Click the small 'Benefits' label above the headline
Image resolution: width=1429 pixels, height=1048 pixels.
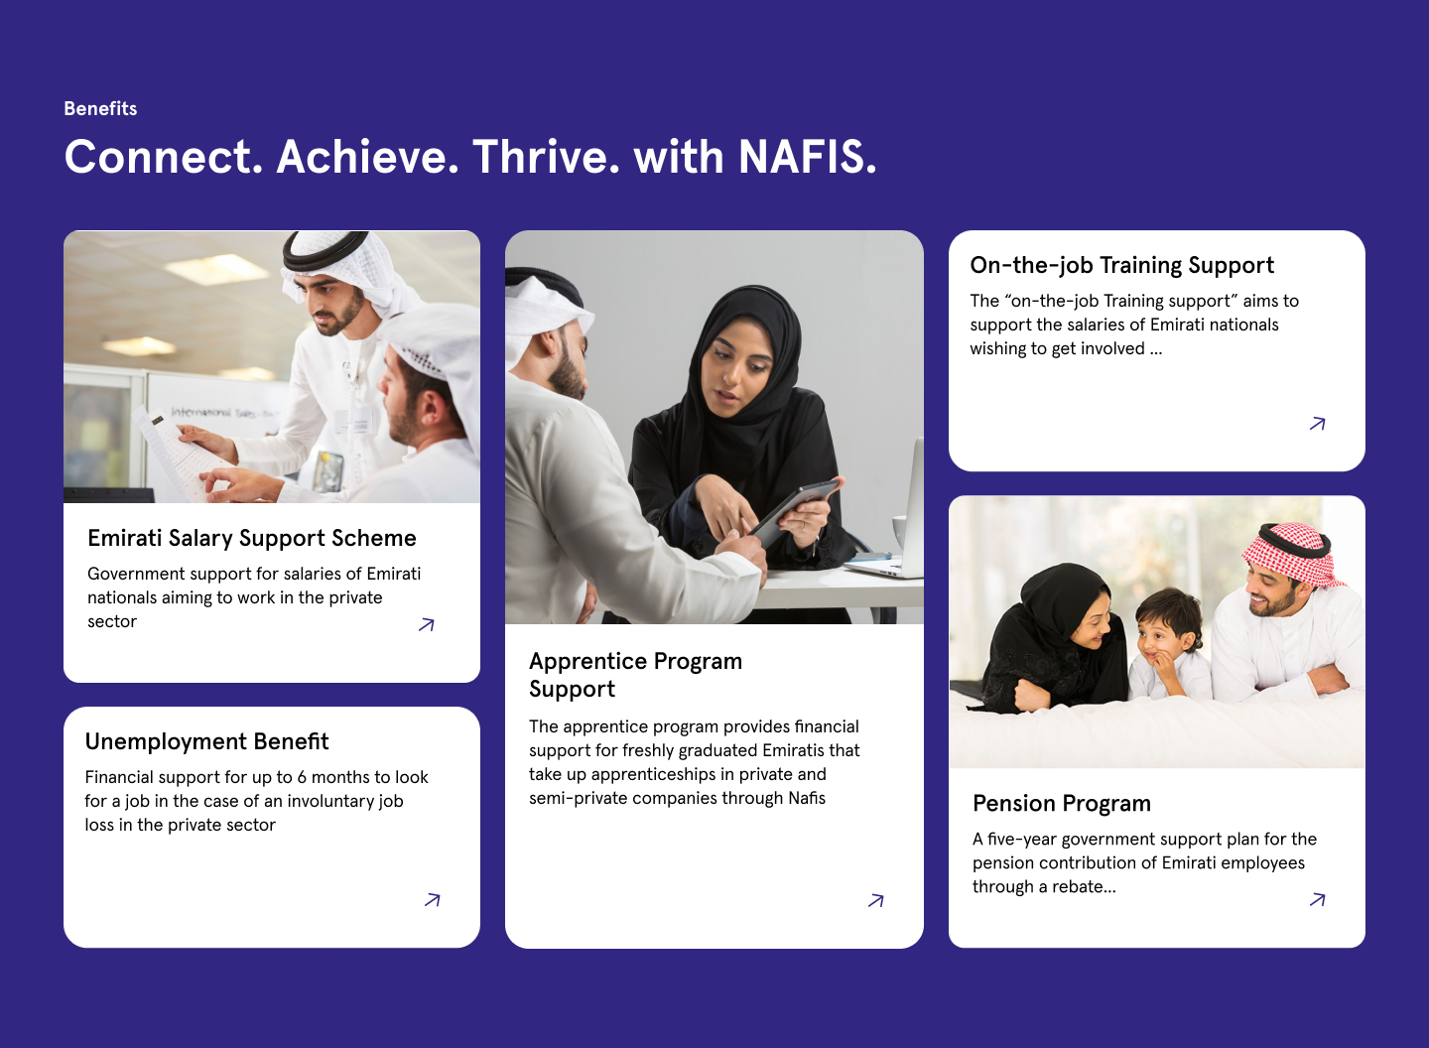100,108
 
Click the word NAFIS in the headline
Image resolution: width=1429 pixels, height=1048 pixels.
807,157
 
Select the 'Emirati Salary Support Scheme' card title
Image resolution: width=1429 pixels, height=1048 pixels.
252,538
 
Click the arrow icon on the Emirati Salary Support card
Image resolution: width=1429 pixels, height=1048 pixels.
426,624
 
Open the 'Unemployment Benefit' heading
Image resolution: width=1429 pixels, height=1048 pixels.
206,741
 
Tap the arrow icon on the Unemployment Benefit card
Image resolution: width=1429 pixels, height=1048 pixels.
433,900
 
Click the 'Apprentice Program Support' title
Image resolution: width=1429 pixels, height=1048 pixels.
635,675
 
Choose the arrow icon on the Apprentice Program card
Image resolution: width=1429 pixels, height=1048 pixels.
876,901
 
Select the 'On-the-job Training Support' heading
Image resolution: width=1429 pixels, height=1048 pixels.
1122,265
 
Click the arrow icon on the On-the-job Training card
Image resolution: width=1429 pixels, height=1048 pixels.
1318,424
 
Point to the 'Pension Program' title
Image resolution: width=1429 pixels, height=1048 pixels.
1062,804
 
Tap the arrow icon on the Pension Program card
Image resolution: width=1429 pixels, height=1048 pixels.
1318,900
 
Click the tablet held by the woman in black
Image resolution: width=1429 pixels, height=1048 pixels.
794,509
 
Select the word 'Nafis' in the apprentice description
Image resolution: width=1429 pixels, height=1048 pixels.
807,798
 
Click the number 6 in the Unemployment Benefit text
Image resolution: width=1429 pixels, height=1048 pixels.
302,777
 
